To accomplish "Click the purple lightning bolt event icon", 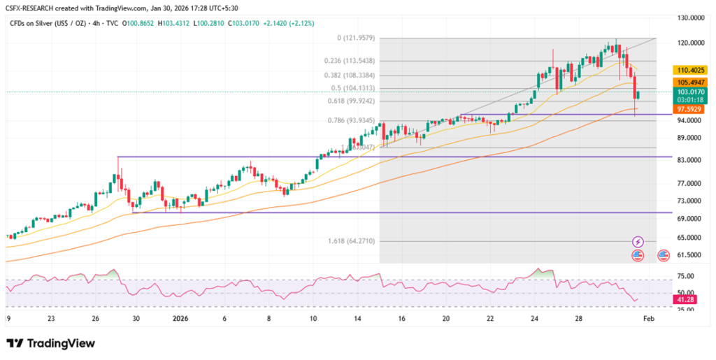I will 638,241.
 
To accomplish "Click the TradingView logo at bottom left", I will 50,343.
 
